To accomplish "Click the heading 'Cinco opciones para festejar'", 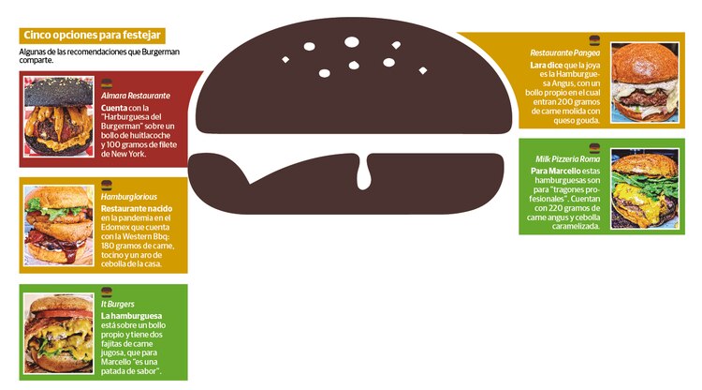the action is (x=93, y=35).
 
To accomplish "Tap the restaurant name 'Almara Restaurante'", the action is (x=135, y=96).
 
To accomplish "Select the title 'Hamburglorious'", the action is (x=129, y=196).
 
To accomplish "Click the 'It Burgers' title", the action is (x=117, y=304).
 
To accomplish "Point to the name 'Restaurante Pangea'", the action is (x=565, y=52).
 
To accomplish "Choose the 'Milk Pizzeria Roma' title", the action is (x=568, y=158).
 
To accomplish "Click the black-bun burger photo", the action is (x=59, y=116).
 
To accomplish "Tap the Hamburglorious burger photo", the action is (x=59, y=226).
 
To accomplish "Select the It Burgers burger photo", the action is (x=59, y=333).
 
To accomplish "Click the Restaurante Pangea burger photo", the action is (x=645, y=82).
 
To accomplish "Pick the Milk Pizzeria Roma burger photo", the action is (x=645, y=188).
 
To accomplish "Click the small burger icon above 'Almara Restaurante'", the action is (x=107, y=83).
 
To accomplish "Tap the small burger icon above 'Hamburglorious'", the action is (x=107, y=185).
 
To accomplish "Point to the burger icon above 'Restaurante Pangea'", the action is (x=594, y=41).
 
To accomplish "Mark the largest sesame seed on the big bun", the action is (x=352, y=42).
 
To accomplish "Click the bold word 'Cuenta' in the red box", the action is (x=113, y=108).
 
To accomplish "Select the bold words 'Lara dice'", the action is (x=547, y=65).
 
